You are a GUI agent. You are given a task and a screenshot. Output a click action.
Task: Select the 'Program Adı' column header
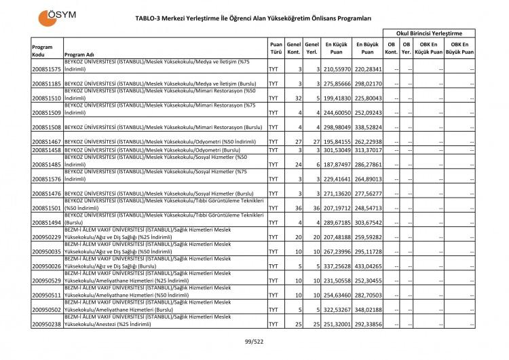79,55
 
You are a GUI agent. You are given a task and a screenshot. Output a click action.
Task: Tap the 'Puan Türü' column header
276,50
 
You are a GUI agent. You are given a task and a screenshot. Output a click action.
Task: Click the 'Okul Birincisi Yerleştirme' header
429,33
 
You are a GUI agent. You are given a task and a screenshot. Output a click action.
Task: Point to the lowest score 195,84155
337,141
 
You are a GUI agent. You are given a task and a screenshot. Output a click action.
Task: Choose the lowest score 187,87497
337,164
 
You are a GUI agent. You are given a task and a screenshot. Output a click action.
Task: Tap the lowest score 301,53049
337,149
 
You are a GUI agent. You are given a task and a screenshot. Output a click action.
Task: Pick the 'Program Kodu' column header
42,50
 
